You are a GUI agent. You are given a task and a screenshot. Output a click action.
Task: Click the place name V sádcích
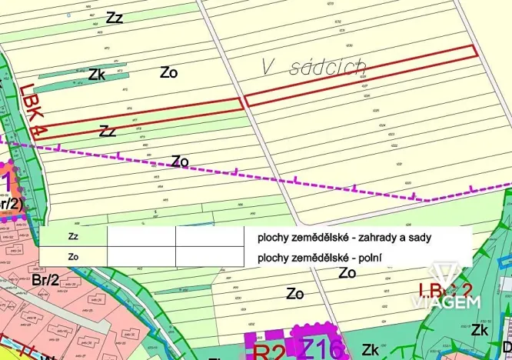point(313,68)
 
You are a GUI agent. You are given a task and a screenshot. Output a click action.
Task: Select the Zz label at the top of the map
point(115,17)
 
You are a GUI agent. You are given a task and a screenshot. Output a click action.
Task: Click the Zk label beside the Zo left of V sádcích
point(96,75)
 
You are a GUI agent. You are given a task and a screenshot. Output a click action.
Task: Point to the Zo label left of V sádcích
point(169,72)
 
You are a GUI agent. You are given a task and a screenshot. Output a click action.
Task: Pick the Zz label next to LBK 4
point(108,131)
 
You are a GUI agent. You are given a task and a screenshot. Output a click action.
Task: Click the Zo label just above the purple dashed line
point(180,161)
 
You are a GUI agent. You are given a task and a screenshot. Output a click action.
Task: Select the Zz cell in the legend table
point(73,237)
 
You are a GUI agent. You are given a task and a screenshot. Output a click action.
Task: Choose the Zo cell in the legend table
point(73,256)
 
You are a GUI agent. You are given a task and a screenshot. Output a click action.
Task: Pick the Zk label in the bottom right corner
point(481,330)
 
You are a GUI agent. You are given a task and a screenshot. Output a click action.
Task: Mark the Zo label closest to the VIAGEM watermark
point(347,273)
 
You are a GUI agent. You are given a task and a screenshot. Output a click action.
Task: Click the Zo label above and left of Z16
point(294,293)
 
